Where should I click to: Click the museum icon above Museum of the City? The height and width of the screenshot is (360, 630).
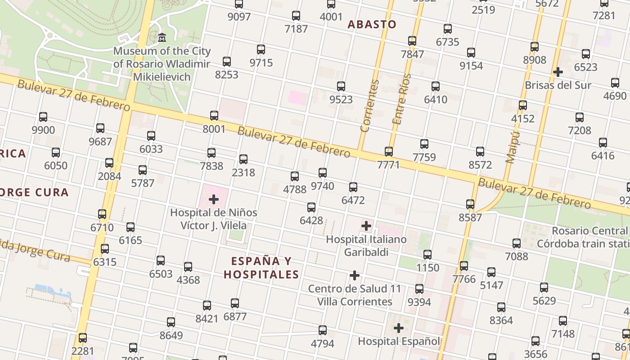pos(162,37)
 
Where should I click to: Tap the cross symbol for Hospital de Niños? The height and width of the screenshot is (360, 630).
pos(214,199)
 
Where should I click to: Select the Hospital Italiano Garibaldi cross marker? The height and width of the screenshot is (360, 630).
pos(366,225)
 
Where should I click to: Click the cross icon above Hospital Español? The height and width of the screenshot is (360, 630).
pos(398,328)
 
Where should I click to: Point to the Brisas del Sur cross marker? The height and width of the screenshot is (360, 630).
pos(558,72)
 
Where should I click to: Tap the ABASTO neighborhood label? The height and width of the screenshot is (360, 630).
pos(372,24)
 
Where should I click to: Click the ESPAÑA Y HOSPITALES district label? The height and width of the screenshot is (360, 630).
pos(261,267)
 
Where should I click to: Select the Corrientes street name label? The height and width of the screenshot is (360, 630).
pos(369,106)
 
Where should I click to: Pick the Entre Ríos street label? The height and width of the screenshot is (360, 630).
pos(401,99)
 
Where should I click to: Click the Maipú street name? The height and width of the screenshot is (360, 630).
pos(513,147)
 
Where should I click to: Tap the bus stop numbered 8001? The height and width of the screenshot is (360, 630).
pos(214,116)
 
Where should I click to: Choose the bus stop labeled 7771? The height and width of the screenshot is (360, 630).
pos(389,151)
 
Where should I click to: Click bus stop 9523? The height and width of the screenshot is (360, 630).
pos(341,86)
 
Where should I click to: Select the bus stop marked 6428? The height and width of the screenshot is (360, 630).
pos(311,207)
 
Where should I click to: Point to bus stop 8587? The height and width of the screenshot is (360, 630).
pos(470,204)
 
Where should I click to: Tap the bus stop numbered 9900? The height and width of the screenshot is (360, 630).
pos(43,117)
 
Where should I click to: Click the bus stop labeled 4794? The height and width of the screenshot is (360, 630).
pos(323,330)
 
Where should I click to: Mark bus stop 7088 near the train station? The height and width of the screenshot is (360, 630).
pos(517,243)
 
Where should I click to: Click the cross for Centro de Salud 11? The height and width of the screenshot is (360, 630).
pos(355,275)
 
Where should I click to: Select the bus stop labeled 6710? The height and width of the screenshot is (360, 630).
pos(102,214)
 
